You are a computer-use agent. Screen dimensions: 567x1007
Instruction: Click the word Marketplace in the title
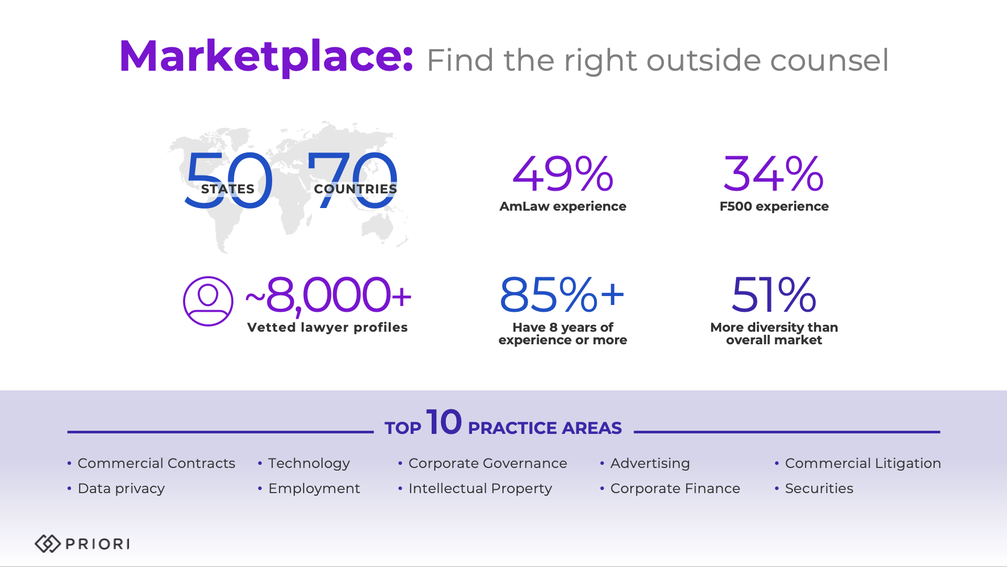point(266,56)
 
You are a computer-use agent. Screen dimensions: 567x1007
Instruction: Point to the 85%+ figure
point(562,295)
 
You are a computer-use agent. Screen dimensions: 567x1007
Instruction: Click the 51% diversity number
point(774,295)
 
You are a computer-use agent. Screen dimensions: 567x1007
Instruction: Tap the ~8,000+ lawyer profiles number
point(329,295)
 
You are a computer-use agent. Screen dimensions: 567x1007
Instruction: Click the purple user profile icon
point(208,301)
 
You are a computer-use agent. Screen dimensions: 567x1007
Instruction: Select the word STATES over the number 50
point(228,189)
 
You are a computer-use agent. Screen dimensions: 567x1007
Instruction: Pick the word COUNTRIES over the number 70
point(355,189)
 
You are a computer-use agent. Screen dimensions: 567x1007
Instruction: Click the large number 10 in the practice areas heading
point(444,422)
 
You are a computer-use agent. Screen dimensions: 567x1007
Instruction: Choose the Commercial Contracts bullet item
point(156,463)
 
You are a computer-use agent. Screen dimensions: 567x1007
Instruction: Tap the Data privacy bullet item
point(121,488)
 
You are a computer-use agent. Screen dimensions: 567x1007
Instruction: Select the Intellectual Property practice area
point(480,488)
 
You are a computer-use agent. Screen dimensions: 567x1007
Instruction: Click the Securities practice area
point(819,488)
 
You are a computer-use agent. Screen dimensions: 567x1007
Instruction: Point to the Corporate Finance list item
point(675,488)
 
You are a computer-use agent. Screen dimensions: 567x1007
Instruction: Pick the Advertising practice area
point(650,463)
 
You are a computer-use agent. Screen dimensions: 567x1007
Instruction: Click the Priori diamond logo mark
point(48,544)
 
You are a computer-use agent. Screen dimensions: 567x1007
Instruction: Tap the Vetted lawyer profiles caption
point(327,328)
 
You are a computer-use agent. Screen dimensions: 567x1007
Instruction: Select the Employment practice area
point(314,488)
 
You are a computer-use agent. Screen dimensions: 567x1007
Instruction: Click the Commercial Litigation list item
point(863,463)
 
